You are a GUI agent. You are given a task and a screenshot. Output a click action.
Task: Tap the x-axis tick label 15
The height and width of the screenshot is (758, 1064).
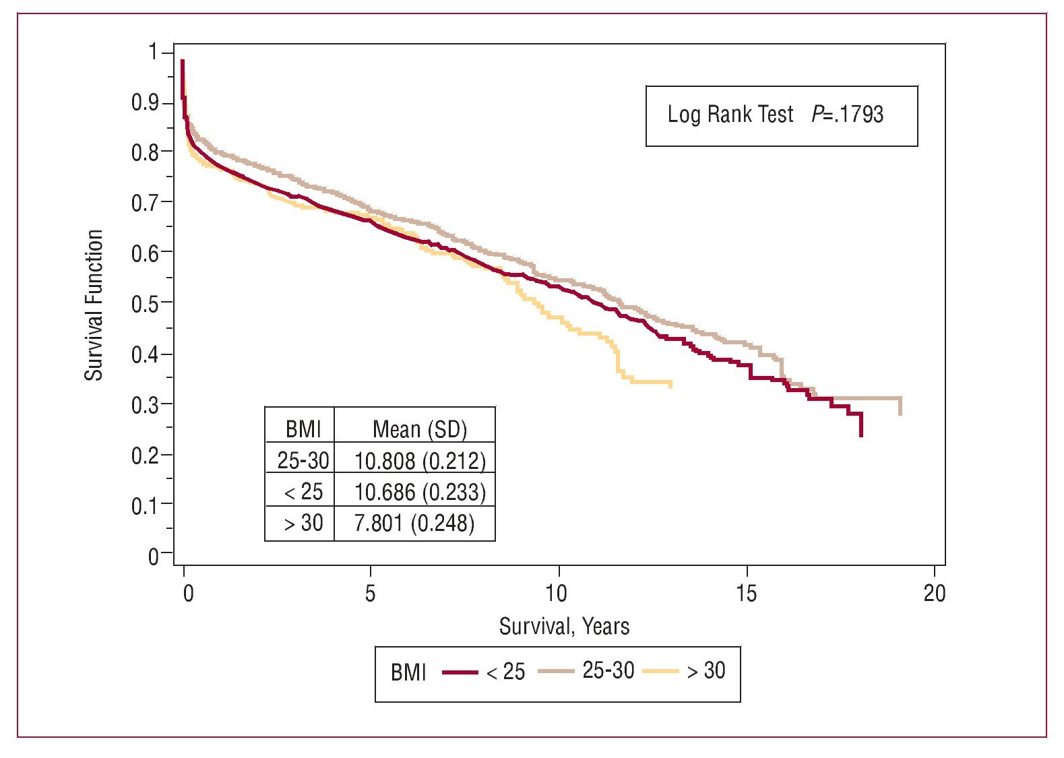[746, 594]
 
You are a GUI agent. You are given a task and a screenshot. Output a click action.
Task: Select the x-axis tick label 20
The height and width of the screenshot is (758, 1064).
[935, 594]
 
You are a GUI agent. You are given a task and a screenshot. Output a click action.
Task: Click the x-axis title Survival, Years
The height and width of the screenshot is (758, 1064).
[564, 627]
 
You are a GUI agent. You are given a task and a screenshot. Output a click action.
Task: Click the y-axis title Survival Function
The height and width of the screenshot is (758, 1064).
[94, 305]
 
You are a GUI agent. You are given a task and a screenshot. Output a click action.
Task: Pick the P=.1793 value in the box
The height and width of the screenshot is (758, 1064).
[847, 115]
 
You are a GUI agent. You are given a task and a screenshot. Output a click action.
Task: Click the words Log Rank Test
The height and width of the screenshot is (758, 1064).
[730, 115]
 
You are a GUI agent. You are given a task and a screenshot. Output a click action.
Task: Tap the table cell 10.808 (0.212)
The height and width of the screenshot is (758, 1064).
[420, 461]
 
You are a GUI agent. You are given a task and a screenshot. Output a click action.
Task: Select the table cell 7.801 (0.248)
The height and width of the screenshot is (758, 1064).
[414, 523]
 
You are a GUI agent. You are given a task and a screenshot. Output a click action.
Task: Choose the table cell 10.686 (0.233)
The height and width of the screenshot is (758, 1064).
[420, 493]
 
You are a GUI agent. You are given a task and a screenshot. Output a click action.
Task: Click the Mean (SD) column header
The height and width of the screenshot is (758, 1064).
[420, 429]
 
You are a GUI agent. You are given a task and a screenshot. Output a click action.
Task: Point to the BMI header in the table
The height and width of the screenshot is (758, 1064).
[303, 429]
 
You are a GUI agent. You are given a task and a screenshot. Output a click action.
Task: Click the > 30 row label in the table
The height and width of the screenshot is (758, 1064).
[303, 523]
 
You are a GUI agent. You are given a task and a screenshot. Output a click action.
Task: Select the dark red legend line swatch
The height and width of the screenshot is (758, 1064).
[460, 672]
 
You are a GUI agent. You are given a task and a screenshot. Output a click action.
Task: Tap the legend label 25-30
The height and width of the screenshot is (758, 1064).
[608, 670]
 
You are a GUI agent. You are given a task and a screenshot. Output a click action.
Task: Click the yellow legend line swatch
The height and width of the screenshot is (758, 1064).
[660, 671]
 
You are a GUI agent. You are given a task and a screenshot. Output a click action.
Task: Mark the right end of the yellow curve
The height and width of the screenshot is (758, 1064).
[670, 383]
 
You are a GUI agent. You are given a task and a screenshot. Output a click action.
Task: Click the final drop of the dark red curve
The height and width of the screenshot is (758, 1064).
[861, 426]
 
